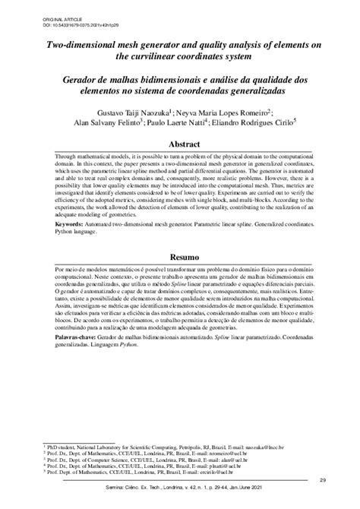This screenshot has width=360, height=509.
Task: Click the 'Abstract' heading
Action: click(x=179, y=144)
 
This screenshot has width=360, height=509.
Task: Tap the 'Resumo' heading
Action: click(x=179, y=258)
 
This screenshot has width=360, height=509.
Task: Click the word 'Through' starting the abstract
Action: click(x=68, y=155)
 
